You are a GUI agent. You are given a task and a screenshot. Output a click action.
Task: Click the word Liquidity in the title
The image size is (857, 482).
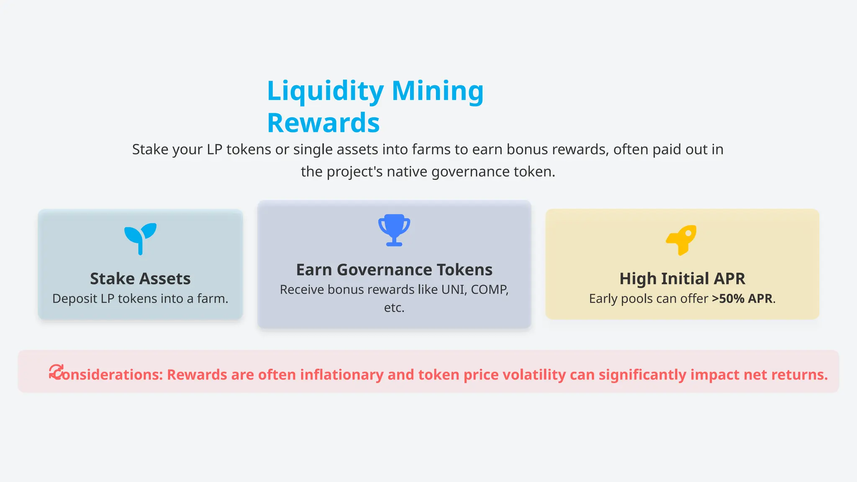coord(325,91)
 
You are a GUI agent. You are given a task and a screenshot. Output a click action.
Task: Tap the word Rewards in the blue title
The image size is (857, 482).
coord(323,123)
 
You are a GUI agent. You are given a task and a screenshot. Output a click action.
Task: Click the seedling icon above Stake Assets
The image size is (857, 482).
coord(141,238)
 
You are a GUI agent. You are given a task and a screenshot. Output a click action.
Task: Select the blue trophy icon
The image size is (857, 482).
coord(394,230)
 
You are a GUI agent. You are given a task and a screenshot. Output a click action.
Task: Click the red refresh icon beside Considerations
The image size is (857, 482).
coord(56,372)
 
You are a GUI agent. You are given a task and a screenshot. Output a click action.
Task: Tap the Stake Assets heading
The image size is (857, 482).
coord(140,279)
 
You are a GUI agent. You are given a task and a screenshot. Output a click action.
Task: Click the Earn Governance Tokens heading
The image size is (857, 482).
coord(394,270)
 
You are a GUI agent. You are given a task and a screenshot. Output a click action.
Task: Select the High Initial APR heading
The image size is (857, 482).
coord(682,279)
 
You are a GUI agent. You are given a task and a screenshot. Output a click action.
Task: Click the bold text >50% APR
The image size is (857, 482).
coord(742,299)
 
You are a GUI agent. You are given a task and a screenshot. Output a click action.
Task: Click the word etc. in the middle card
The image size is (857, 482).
coord(394,308)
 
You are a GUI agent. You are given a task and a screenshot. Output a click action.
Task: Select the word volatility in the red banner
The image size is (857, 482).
coord(534,374)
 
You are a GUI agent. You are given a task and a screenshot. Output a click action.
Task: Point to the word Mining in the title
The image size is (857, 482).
coord(438,91)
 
